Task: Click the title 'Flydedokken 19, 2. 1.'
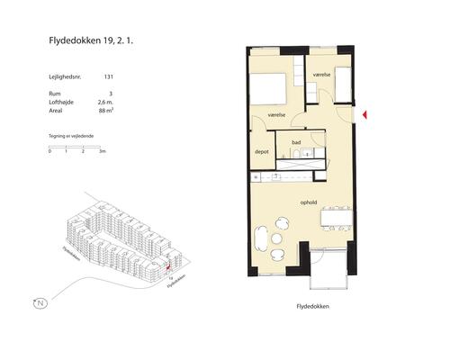point(94,40)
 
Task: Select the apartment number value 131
point(109,78)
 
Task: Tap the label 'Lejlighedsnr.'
point(66,78)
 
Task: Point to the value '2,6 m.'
point(105,100)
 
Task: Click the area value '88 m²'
point(106,107)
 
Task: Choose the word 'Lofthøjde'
point(62,100)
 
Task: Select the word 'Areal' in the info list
point(57,107)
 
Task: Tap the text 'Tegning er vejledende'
point(72,135)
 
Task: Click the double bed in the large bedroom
point(268,89)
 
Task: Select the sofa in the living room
point(261,238)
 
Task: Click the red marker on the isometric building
point(167,267)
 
